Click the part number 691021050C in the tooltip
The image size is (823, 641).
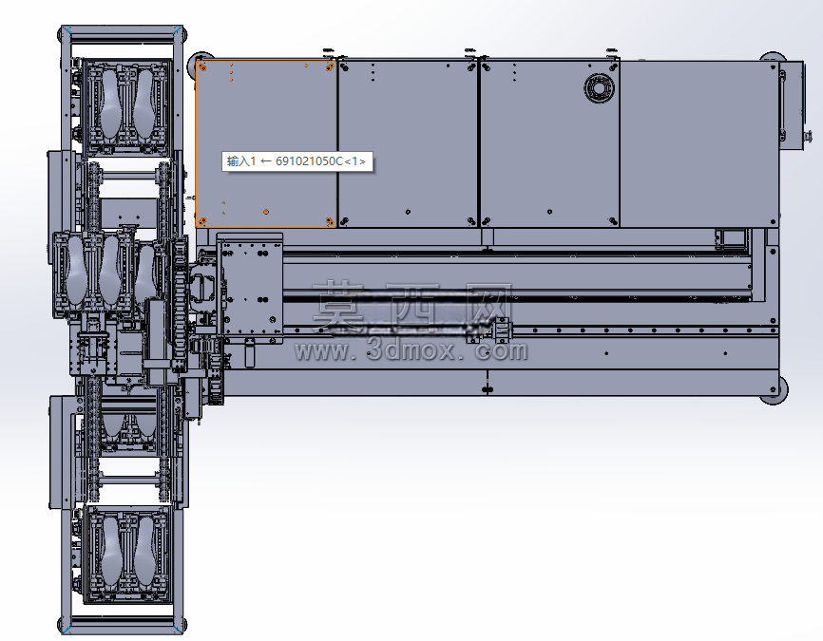309,161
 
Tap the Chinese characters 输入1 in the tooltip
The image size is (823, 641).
241,161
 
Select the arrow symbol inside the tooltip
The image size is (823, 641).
266,161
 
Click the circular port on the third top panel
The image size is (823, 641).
599,87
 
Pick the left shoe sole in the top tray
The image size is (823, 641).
109,104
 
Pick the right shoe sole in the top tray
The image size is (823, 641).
144,104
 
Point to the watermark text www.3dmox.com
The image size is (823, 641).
411,350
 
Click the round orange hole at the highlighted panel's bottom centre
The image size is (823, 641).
266,212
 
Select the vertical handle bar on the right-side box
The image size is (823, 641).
782,107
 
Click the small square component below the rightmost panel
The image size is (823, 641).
730,238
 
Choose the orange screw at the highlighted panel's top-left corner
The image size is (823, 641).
203,67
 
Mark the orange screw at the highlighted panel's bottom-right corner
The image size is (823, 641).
330,221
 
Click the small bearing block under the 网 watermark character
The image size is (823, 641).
503,330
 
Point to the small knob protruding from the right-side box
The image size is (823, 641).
805,138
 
